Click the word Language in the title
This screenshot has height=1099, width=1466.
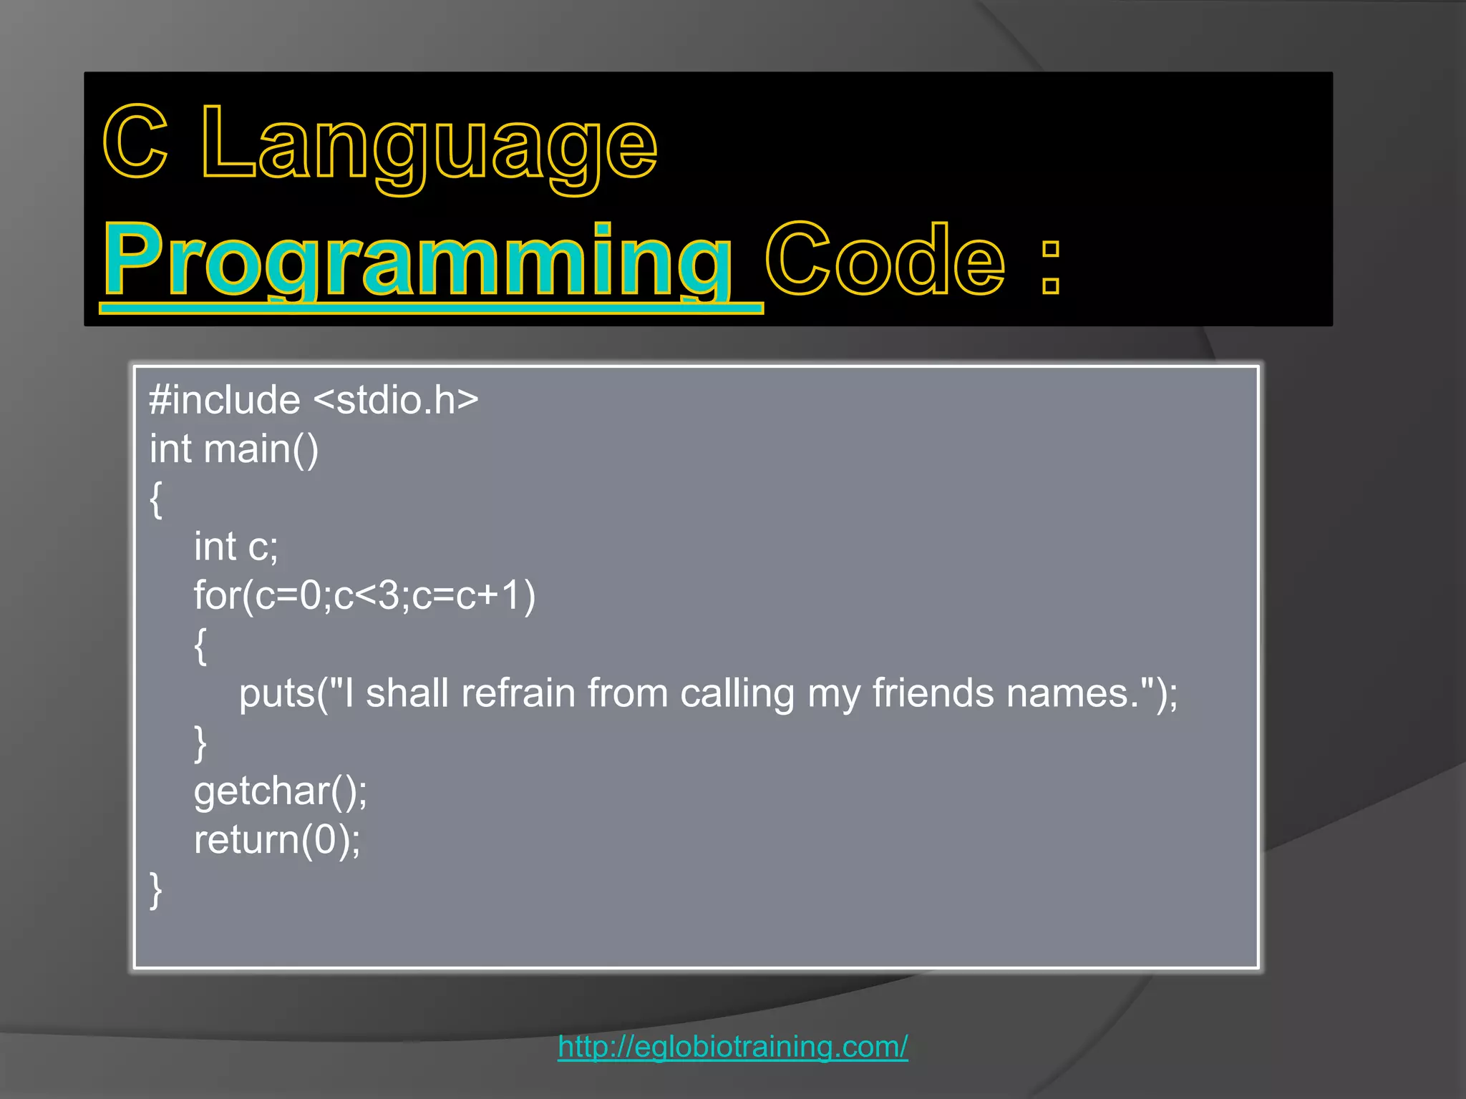(x=429, y=143)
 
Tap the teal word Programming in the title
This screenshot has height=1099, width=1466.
(x=419, y=261)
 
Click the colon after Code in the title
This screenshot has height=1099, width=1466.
(x=1050, y=268)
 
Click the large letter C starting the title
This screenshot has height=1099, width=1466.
(x=136, y=141)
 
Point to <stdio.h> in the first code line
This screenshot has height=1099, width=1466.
(x=396, y=400)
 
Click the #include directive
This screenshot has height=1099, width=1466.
(x=224, y=400)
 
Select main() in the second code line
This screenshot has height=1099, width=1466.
(x=261, y=450)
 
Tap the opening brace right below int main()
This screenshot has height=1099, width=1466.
(x=156, y=499)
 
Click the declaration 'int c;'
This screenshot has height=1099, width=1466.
(x=236, y=547)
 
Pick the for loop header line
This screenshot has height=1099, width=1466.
(x=364, y=596)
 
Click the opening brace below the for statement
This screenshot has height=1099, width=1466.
(x=200, y=645)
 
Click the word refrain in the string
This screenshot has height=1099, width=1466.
(x=518, y=693)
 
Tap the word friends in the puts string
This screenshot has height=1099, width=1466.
(x=933, y=693)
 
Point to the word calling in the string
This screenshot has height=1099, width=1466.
(x=737, y=695)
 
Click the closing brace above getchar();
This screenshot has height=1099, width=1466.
(x=200, y=743)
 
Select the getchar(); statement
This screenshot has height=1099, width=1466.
(x=280, y=792)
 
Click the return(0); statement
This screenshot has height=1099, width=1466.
(x=277, y=840)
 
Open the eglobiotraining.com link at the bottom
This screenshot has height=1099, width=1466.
(x=732, y=1047)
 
